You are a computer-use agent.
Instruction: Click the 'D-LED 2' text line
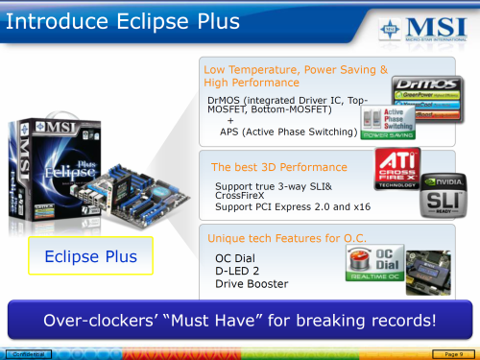[x=239, y=271]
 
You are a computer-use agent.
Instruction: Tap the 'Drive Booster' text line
[x=252, y=284]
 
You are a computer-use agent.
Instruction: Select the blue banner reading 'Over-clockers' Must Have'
[x=239, y=319]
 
